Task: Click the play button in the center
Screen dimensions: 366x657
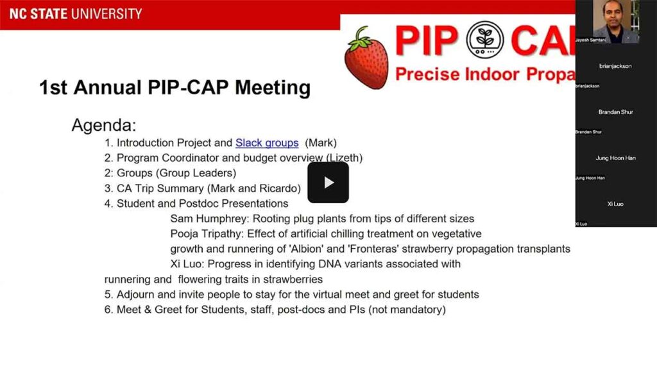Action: [x=328, y=183]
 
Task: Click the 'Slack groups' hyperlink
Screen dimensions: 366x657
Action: [x=267, y=143]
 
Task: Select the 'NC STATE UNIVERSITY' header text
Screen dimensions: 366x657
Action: [x=76, y=13]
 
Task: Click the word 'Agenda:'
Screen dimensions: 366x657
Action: [x=103, y=124]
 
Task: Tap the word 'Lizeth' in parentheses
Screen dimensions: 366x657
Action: [x=345, y=158]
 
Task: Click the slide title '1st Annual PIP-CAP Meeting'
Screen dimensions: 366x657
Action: [x=175, y=87]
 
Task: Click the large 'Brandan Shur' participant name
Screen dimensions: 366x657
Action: [x=615, y=112]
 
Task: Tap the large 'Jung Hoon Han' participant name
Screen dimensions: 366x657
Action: [x=615, y=158]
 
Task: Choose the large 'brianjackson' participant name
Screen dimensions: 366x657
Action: [x=615, y=66]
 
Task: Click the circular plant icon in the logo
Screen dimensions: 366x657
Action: [x=485, y=40]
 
